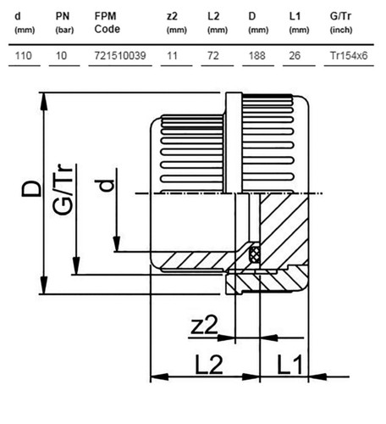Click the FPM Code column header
pos(108,23)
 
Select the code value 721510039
pos(120,56)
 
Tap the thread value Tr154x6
pos(349,56)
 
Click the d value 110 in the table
pos(23,56)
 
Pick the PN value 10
pos(61,56)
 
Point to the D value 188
pos(257,56)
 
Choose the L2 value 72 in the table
pos(213,56)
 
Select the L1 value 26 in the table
pos(295,56)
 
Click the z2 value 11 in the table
pos(172,56)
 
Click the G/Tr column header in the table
pos(341,23)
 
